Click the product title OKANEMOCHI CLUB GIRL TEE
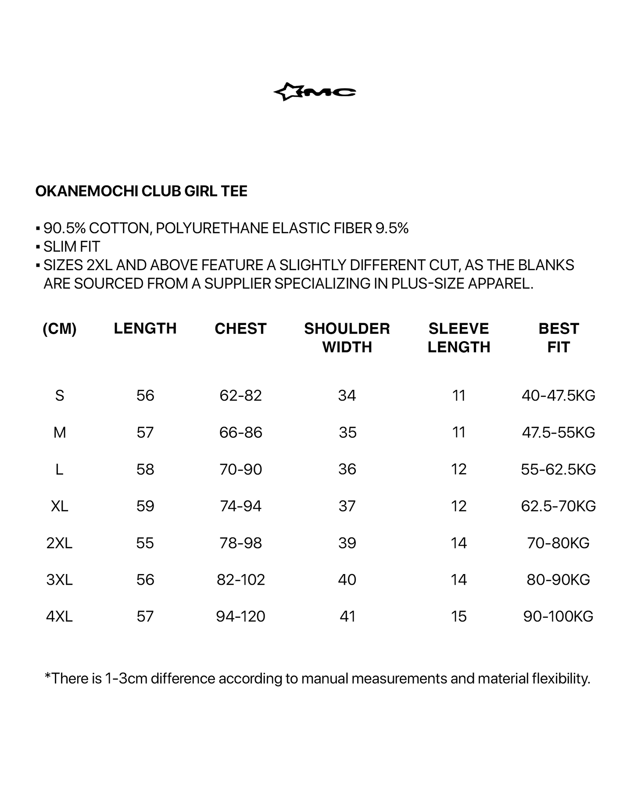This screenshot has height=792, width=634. (x=141, y=191)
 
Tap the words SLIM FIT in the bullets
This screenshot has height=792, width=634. (x=72, y=247)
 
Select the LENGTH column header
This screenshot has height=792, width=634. (x=145, y=328)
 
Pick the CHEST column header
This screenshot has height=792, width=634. (x=240, y=328)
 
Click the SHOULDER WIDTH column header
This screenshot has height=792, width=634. (x=347, y=338)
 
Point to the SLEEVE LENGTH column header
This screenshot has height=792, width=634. (x=458, y=338)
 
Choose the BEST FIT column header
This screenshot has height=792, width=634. (x=559, y=338)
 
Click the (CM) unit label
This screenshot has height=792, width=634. (x=60, y=328)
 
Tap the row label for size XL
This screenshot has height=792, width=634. (x=60, y=506)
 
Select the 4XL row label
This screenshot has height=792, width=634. (x=60, y=617)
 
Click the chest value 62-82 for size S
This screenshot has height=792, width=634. (x=240, y=396)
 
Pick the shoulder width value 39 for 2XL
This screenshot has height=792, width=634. (x=347, y=543)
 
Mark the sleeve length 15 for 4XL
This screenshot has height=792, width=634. (x=458, y=617)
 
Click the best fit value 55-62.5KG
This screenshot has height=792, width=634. (x=559, y=469)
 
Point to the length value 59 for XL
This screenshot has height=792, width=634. (x=145, y=506)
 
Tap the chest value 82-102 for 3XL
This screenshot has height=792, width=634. (x=241, y=580)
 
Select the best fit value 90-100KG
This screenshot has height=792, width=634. (x=559, y=617)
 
